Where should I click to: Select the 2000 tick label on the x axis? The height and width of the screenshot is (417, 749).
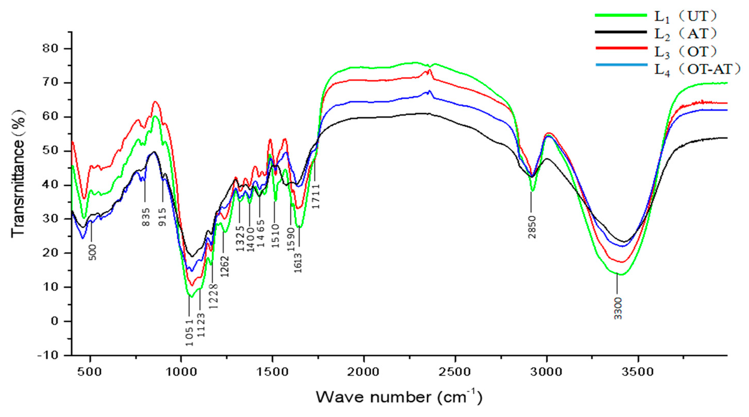tap(363, 372)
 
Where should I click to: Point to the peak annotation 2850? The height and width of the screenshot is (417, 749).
tap(532, 227)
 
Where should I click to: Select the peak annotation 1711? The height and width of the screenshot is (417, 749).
tap(316, 196)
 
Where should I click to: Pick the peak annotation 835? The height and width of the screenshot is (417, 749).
tap(146, 217)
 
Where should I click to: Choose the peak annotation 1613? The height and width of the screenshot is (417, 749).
tap(298, 263)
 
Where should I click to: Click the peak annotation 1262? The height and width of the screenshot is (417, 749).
tap(225, 267)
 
